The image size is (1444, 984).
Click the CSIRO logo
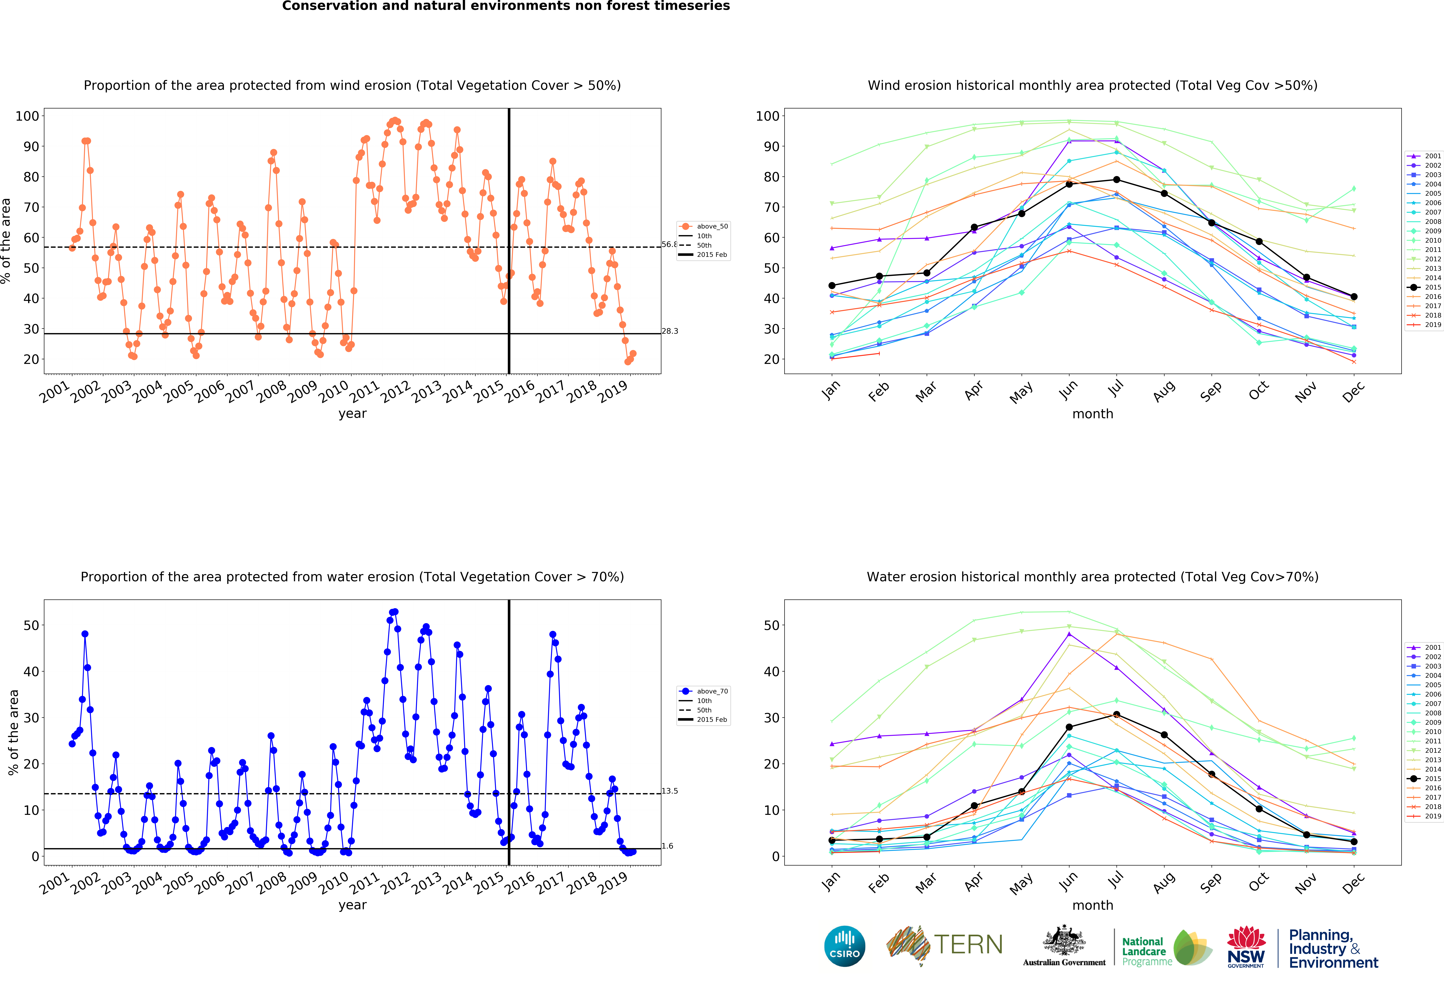[844, 946]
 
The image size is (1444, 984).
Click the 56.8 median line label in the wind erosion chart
[669, 244]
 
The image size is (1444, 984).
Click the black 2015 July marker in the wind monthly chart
[1117, 179]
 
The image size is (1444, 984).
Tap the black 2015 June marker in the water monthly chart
[1069, 727]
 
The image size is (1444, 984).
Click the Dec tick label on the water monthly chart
[1353, 882]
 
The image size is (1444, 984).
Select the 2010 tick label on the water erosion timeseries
[334, 882]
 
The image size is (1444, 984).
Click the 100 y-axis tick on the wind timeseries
[27, 116]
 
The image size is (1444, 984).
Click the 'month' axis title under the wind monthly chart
[1092, 414]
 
